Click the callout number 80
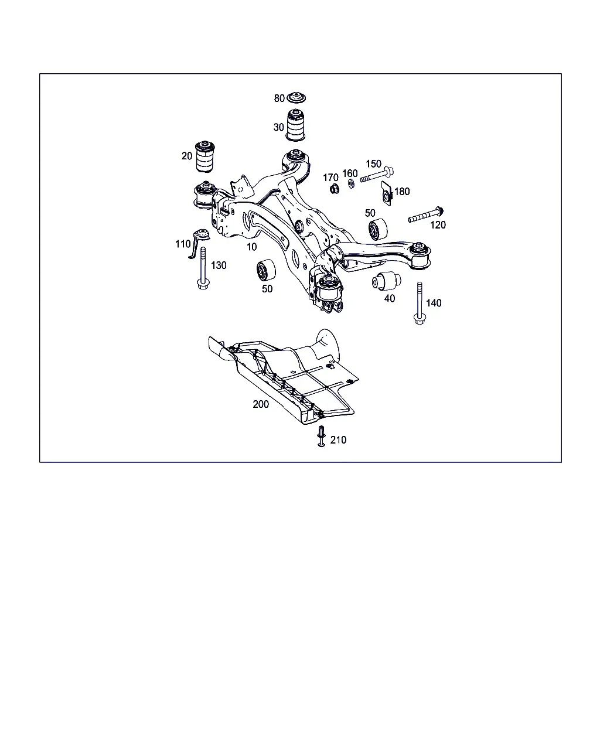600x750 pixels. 279,98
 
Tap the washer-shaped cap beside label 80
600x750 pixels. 296,98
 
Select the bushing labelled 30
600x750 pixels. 296,125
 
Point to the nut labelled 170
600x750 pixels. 335,189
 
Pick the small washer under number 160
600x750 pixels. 352,183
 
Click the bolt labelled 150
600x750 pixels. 377,175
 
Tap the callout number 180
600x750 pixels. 401,192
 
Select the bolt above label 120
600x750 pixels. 425,214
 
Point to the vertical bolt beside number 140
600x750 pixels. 420,303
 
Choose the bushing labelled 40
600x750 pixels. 386,281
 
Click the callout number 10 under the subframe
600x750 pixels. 252,247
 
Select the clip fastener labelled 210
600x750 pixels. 321,436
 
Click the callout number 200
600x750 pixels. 261,404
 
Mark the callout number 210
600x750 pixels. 338,440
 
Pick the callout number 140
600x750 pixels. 434,303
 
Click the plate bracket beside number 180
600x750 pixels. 387,193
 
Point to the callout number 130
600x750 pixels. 219,265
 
